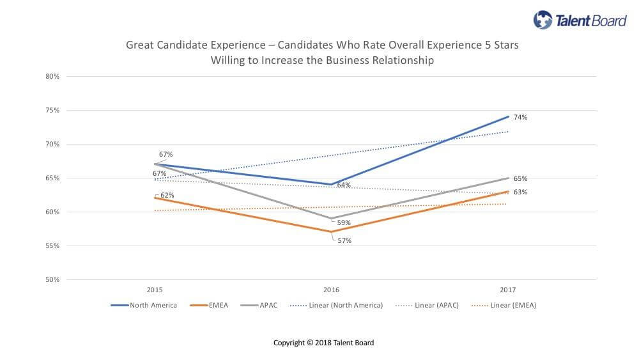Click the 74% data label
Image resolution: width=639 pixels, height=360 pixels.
pyautogui.click(x=520, y=118)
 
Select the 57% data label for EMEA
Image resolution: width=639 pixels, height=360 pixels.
pyautogui.click(x=345, y=241)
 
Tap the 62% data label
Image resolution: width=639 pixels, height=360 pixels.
pyautogui.click(x=167, y=195)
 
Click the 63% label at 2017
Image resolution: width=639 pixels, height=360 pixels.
pyautogui.click(x=520, y=192)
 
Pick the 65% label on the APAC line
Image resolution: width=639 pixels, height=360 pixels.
pyautogui.click(x=520, y=179)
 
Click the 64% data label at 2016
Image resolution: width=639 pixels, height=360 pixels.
pyautogui.click(x=344, y=185)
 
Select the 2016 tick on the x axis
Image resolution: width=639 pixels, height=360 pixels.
pyautogui.click(x=331, y=289)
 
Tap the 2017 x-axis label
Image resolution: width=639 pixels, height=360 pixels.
pyautogui.click(x=507, y=289)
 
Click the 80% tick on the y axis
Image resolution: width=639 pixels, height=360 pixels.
pyautogui.click(x=52, y=77)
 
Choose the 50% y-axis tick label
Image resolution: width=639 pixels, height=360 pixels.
pyautogui.click(x=52, y=280)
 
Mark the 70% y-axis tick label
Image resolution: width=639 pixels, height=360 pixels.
pyautogui.click(x=52, y=145)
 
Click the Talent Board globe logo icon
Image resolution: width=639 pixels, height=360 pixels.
pyautogui.click(x=544, y=20)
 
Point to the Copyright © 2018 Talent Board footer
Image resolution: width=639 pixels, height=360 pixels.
pyautogui.click(x=323, y=343)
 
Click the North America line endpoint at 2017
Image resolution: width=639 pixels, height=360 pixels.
pyautogui.click(x=509, y=116)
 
